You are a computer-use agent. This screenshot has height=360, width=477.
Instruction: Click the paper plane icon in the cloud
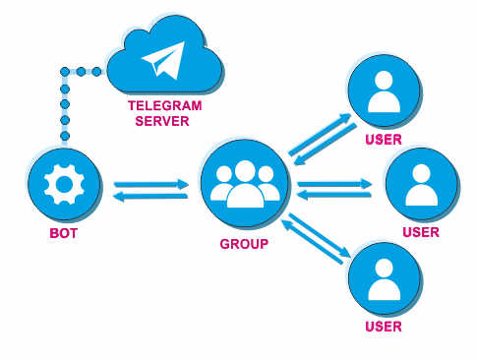pos(164,61)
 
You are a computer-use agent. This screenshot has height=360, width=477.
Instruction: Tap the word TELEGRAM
pos(164,106)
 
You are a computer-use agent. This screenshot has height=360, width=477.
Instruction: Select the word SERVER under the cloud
pos(162,121)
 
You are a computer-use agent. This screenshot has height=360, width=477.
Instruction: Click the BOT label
pos(64,233)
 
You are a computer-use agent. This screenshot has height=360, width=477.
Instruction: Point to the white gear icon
pos(64,185)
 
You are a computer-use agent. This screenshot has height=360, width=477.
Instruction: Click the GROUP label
pos(244,244)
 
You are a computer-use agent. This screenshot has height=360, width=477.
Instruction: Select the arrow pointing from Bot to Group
pos(151,184)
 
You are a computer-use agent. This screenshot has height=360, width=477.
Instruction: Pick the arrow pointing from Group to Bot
pos(150,197)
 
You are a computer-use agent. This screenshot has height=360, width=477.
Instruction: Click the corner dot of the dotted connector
pos(65,72)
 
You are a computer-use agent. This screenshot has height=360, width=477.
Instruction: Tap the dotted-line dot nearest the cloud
pos(96,72)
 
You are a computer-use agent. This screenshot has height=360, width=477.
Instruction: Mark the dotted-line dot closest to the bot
pos(65,136)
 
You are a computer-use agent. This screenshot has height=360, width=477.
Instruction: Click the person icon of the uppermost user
pos(384,91)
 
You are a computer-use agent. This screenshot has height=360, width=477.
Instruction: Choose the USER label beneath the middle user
pos(421,232)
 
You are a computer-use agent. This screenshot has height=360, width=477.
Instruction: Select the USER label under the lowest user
pos(384,327)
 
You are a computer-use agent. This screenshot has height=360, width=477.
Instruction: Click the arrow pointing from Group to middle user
pos(334,184)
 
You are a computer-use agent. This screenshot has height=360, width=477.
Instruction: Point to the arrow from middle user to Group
pos(333,195)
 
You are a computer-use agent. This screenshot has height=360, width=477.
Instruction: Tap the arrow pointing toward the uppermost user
pos(320,135)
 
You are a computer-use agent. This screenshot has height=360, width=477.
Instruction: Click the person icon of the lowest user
pos(384,279)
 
